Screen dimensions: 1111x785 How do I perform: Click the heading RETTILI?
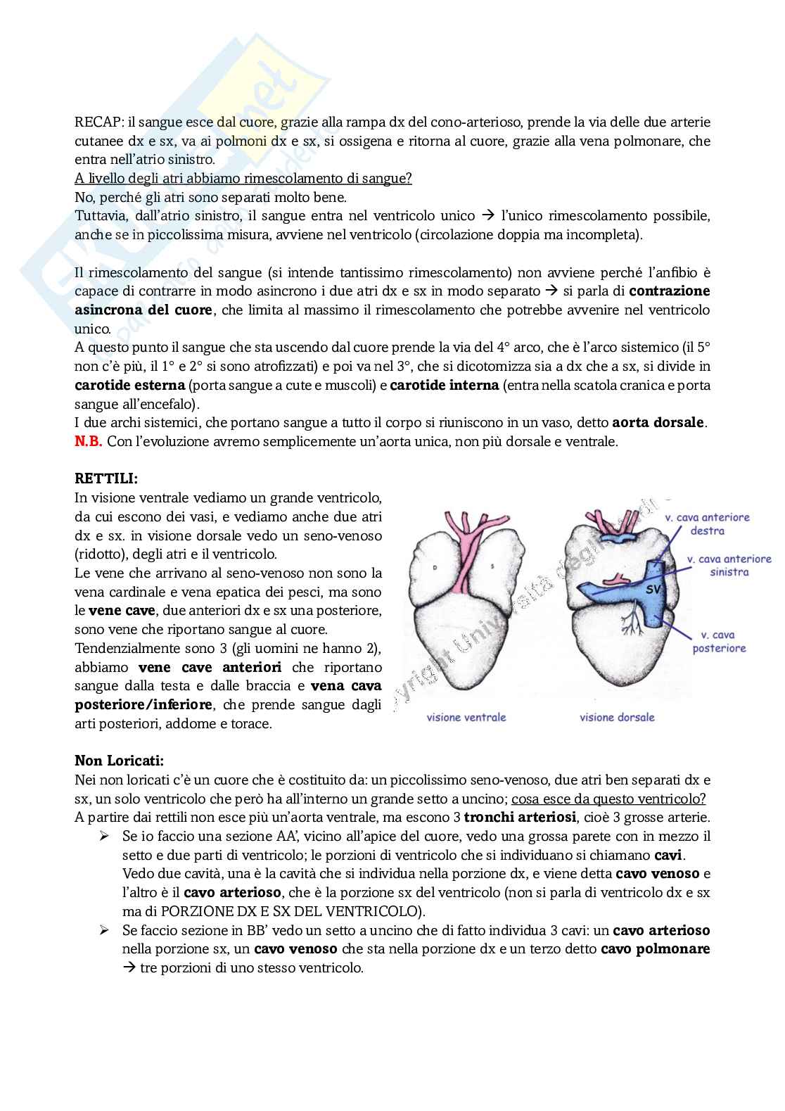tap(106, 478)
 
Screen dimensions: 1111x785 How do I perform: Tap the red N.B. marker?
tap(89, 441)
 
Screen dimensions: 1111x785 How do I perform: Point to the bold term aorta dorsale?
tap(658, 423)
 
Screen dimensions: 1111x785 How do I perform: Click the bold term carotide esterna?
tap(130, 385)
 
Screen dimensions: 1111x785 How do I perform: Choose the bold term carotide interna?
tap(444, 385)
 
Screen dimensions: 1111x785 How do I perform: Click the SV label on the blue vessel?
tap(653, 590)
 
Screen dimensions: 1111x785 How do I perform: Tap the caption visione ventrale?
tap(466, 717)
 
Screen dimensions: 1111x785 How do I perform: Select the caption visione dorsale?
tap(617, 717)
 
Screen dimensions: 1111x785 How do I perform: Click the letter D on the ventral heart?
tap(435, 545)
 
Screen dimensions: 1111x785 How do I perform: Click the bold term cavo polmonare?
tap(655, 948)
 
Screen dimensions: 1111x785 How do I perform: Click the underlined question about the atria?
tap(243, 178)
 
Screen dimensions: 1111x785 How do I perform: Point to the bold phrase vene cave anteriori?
tap(210, 667)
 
